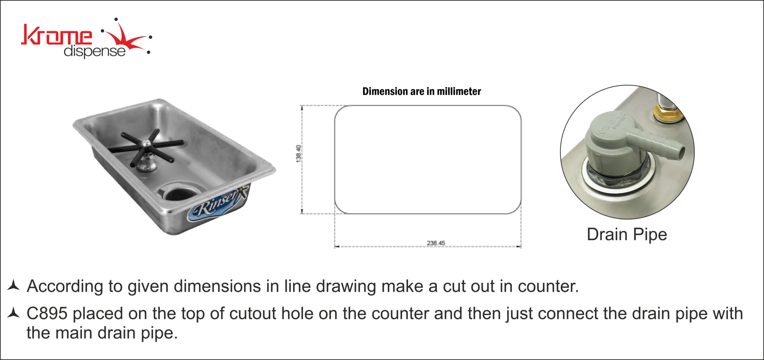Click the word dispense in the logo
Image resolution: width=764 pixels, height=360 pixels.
(94, 51)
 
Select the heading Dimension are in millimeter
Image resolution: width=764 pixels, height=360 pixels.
(422, 91)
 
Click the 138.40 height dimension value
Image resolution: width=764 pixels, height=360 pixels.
(298, 153)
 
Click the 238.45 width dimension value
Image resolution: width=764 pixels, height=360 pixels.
(436, 243)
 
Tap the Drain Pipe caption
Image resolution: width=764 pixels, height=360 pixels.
(627, 235)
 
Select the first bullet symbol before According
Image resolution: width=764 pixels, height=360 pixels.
(13, 285)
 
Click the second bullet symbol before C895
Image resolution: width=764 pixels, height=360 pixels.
(13, 313)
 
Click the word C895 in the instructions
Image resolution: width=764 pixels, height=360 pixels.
(47, 313)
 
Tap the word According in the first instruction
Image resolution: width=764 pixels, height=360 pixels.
(65, 287)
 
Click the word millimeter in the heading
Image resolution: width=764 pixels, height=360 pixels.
(459, 91)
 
